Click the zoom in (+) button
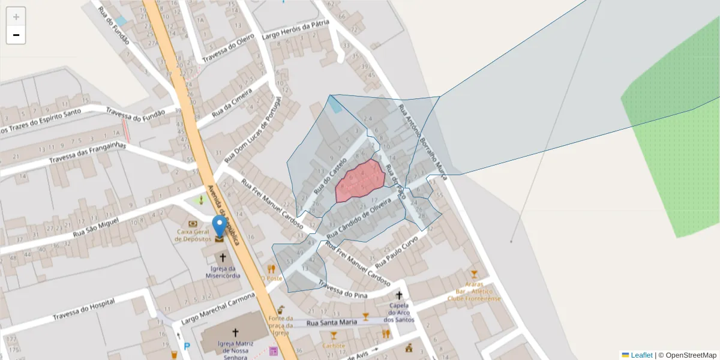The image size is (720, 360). click(x=16, y=17)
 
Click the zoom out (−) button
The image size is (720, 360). click(x=16, y=35)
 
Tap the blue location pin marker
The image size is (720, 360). click(x=220, y=226)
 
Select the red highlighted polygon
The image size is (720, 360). click(x=360, y=180)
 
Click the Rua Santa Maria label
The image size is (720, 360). click(x=332, y=323)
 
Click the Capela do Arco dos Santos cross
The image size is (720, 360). click(x=399, y=295)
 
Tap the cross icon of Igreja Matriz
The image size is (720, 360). click(x=235, y=332)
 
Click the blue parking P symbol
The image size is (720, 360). click(x=186, y=346)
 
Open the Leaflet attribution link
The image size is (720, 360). click(x=641, y=355)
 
